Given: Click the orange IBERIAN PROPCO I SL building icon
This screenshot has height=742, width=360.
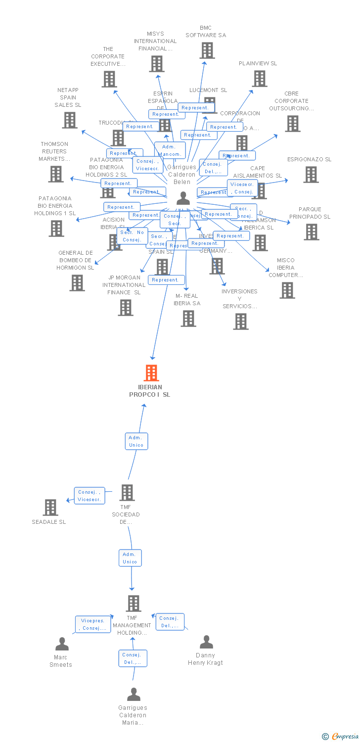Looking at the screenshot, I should point(151,373).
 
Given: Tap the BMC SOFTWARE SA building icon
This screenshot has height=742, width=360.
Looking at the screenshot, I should point(207,50).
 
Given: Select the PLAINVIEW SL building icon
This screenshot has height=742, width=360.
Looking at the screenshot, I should point(259,79).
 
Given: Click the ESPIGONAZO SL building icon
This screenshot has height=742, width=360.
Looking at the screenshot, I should point(311,175).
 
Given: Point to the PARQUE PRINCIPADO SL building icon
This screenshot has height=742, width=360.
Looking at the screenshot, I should point(311,232).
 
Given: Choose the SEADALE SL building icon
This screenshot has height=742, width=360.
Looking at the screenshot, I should point(50,508).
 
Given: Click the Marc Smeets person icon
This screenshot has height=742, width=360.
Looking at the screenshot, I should point(62,644).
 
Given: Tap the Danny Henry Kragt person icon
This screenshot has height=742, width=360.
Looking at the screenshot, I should point(206,642).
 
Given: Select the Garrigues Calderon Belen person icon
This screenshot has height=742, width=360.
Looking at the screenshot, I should point(183,198).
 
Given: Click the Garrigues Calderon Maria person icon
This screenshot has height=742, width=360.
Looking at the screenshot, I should point(134,695).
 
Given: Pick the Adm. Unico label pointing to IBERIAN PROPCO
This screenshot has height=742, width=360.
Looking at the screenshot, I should point(136,441).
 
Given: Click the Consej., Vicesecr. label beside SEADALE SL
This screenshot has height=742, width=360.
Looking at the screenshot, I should point(90,496).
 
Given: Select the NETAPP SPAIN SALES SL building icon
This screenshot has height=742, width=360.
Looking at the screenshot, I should point(70,120).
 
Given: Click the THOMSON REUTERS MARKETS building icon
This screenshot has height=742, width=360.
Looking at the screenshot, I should point(56,174).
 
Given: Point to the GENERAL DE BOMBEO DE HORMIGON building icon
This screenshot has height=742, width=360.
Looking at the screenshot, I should point(77,283).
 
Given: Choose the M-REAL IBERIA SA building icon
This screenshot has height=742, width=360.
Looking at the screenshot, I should point(188,319).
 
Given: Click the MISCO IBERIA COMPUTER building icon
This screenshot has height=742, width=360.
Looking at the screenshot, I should point(287,290).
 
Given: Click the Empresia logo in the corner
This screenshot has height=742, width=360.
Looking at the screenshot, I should point(341,737).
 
